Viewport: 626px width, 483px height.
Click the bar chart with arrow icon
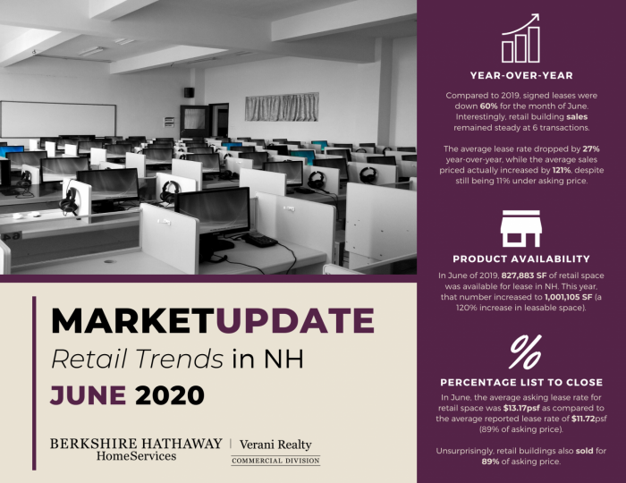click(x=520, y=38)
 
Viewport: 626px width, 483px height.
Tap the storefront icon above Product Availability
click(x=521, y=228)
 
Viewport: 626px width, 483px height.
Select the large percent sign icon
click(x=526, y=352)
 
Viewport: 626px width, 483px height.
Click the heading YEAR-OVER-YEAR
click(x=521, y=75)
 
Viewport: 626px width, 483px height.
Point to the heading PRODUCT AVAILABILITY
click(x=521, y=259)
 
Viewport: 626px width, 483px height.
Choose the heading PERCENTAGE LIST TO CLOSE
click(x=521, y=383)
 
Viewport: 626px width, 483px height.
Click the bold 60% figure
click(x=488, y=106)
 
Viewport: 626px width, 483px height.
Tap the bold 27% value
click(x=591, y=148)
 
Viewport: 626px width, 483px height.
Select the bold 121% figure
click(x=562, y=171)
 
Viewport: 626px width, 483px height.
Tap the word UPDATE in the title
click(x=295, y=320)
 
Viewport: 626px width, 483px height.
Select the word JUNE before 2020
click(x=89, y=395)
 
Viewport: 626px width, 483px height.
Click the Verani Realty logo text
click(x=275, y=445)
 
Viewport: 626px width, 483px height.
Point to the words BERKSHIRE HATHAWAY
click(x=136, y=444)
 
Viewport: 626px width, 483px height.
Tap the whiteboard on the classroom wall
click(x=58, y=119)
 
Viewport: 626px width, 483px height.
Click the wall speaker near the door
click(x=189, y=92)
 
